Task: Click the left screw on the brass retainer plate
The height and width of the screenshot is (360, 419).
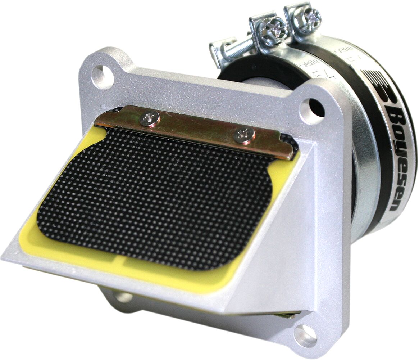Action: pos(150,118)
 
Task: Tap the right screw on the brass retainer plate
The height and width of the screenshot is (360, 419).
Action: pos(244,135)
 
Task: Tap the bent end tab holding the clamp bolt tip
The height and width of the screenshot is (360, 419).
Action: pos(218,52)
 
